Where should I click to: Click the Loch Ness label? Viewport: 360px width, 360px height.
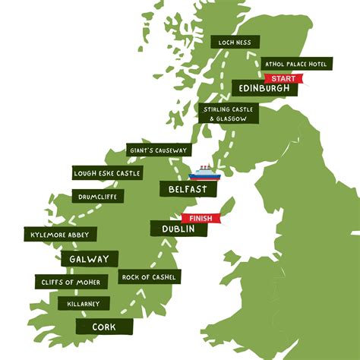pyautogui.click(x=235, y=43)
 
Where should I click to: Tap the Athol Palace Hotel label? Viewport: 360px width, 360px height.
pyautogui.click(x=295, y=64)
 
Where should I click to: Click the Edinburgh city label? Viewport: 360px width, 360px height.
pyautogui.click(x=264, y=90)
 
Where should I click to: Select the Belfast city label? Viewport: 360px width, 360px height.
pyautogui.click(x=184, y=188)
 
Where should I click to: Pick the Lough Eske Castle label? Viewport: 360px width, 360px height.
pyautogui.click(x=107, y=173)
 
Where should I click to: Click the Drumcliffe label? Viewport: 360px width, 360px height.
pyautogui.click(x=96, y=197)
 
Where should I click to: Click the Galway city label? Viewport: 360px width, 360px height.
pyautogui.click(x=89, y=259)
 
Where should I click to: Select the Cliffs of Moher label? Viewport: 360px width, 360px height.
pyautogui.click(x=71, y=282)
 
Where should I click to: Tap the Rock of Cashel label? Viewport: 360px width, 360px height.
pyautogui.click(x=150, y=277)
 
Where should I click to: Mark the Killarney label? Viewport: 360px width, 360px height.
pyautogui.click(x=84, y=304)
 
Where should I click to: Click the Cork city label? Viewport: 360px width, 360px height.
pyautogui.click(x=96, y=327)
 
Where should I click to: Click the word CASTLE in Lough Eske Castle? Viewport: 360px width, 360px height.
pyautogui.click(x=127, y=173)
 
